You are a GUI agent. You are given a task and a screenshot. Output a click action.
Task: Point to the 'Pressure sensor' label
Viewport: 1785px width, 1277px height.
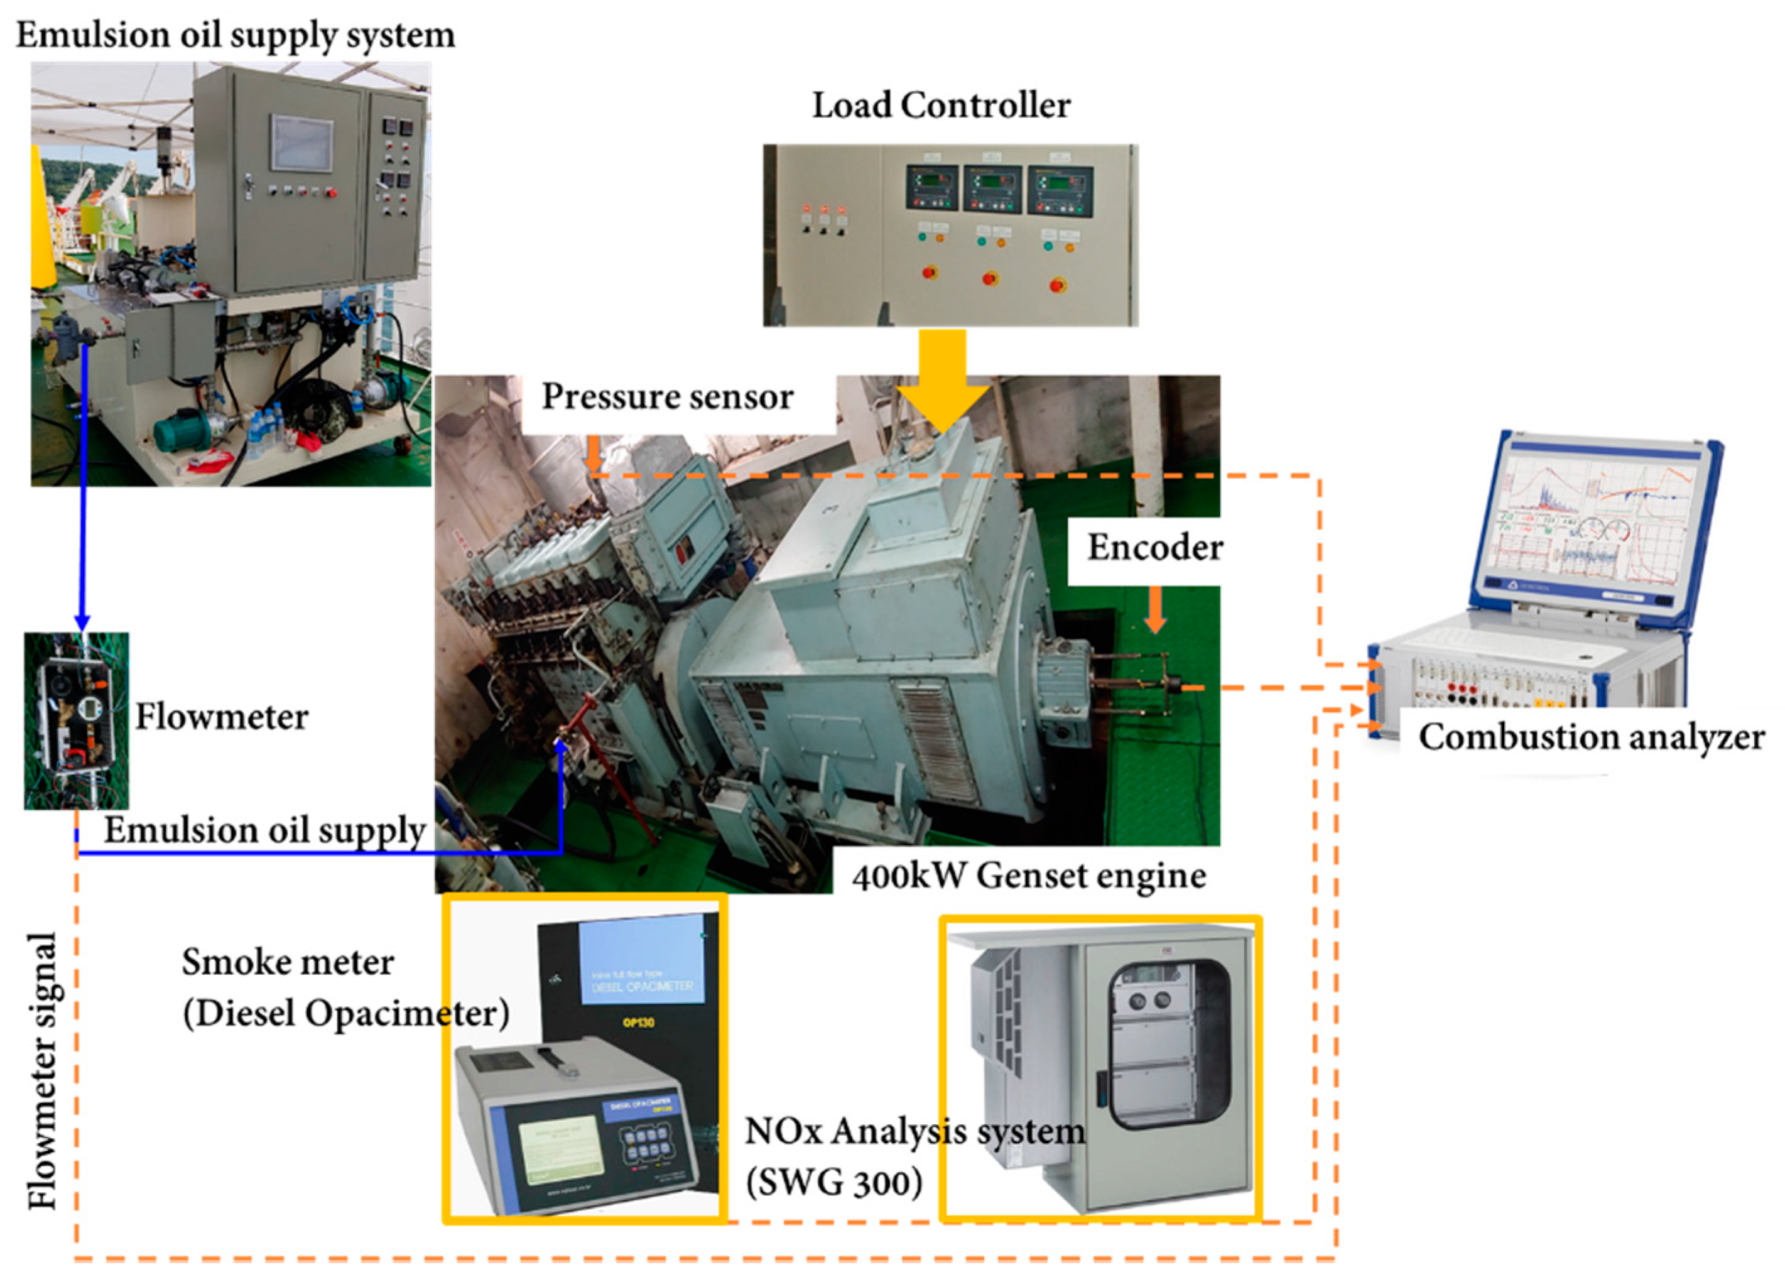pyautogui.click(x=668, y=396)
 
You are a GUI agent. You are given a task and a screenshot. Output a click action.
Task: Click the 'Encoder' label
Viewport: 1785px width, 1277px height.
pyautogui.click(x=1154, y=548)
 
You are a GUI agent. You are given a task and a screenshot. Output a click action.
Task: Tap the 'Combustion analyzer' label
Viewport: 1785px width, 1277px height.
pyautogui.click(x=1591, y=737)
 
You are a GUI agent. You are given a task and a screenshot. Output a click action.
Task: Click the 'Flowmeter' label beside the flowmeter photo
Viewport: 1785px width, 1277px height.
pyautogui.click(x=222, y=716)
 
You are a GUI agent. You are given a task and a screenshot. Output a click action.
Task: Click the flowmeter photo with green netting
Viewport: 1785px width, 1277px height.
pyautogui.click(x=76, y=720)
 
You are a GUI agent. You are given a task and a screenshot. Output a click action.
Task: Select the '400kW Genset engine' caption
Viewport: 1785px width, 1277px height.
pyautogui.click(x=1029, y=875)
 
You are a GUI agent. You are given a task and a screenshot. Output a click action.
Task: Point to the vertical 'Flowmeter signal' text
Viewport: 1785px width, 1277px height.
pyautogui.click(x=43, y=1070)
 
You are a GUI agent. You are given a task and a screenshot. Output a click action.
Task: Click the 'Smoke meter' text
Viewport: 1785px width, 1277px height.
pyautogui.click(x=288, y=962)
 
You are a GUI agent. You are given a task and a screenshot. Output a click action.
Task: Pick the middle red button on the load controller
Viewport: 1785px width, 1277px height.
pyautogui.click(x=990, y=277)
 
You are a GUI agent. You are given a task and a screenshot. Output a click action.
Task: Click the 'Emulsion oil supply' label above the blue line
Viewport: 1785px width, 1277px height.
pyautogui.click(x=265, y=830)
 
